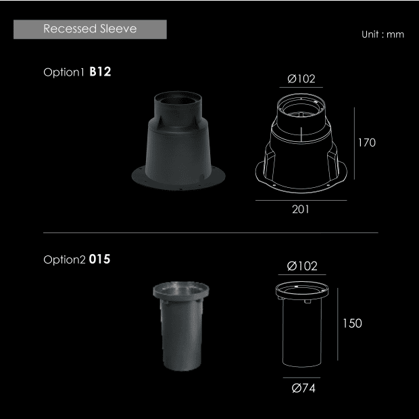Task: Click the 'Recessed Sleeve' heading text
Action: (90, 28)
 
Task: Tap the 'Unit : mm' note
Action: (383, 34)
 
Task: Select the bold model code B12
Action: (100, 72)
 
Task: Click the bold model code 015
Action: (99, 260)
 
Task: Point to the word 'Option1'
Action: (64, 72)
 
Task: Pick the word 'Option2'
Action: (64, 260)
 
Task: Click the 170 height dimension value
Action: (366, 143)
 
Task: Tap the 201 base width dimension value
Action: (301, 209)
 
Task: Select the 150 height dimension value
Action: (352, 323)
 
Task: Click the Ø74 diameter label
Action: (303, 388)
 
